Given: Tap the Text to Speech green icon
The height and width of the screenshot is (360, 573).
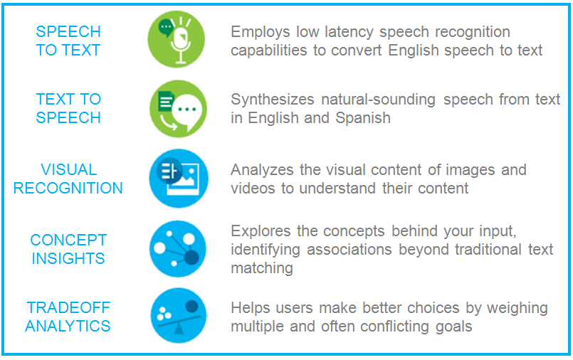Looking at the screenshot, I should [177, 108].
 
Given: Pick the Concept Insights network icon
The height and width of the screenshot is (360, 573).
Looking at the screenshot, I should [177, 248].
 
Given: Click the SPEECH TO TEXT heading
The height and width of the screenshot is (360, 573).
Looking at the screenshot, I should [68, 41].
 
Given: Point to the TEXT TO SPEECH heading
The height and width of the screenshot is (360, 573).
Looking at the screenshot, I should [68, 108].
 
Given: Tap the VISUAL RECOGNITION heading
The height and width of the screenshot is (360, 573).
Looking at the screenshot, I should [68, 179].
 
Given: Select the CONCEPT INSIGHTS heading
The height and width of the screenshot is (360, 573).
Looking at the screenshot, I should [68, 249].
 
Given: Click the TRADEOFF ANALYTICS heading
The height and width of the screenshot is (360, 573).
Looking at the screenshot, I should [68, 317].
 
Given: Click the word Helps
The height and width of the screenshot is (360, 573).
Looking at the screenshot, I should [250, 308].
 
